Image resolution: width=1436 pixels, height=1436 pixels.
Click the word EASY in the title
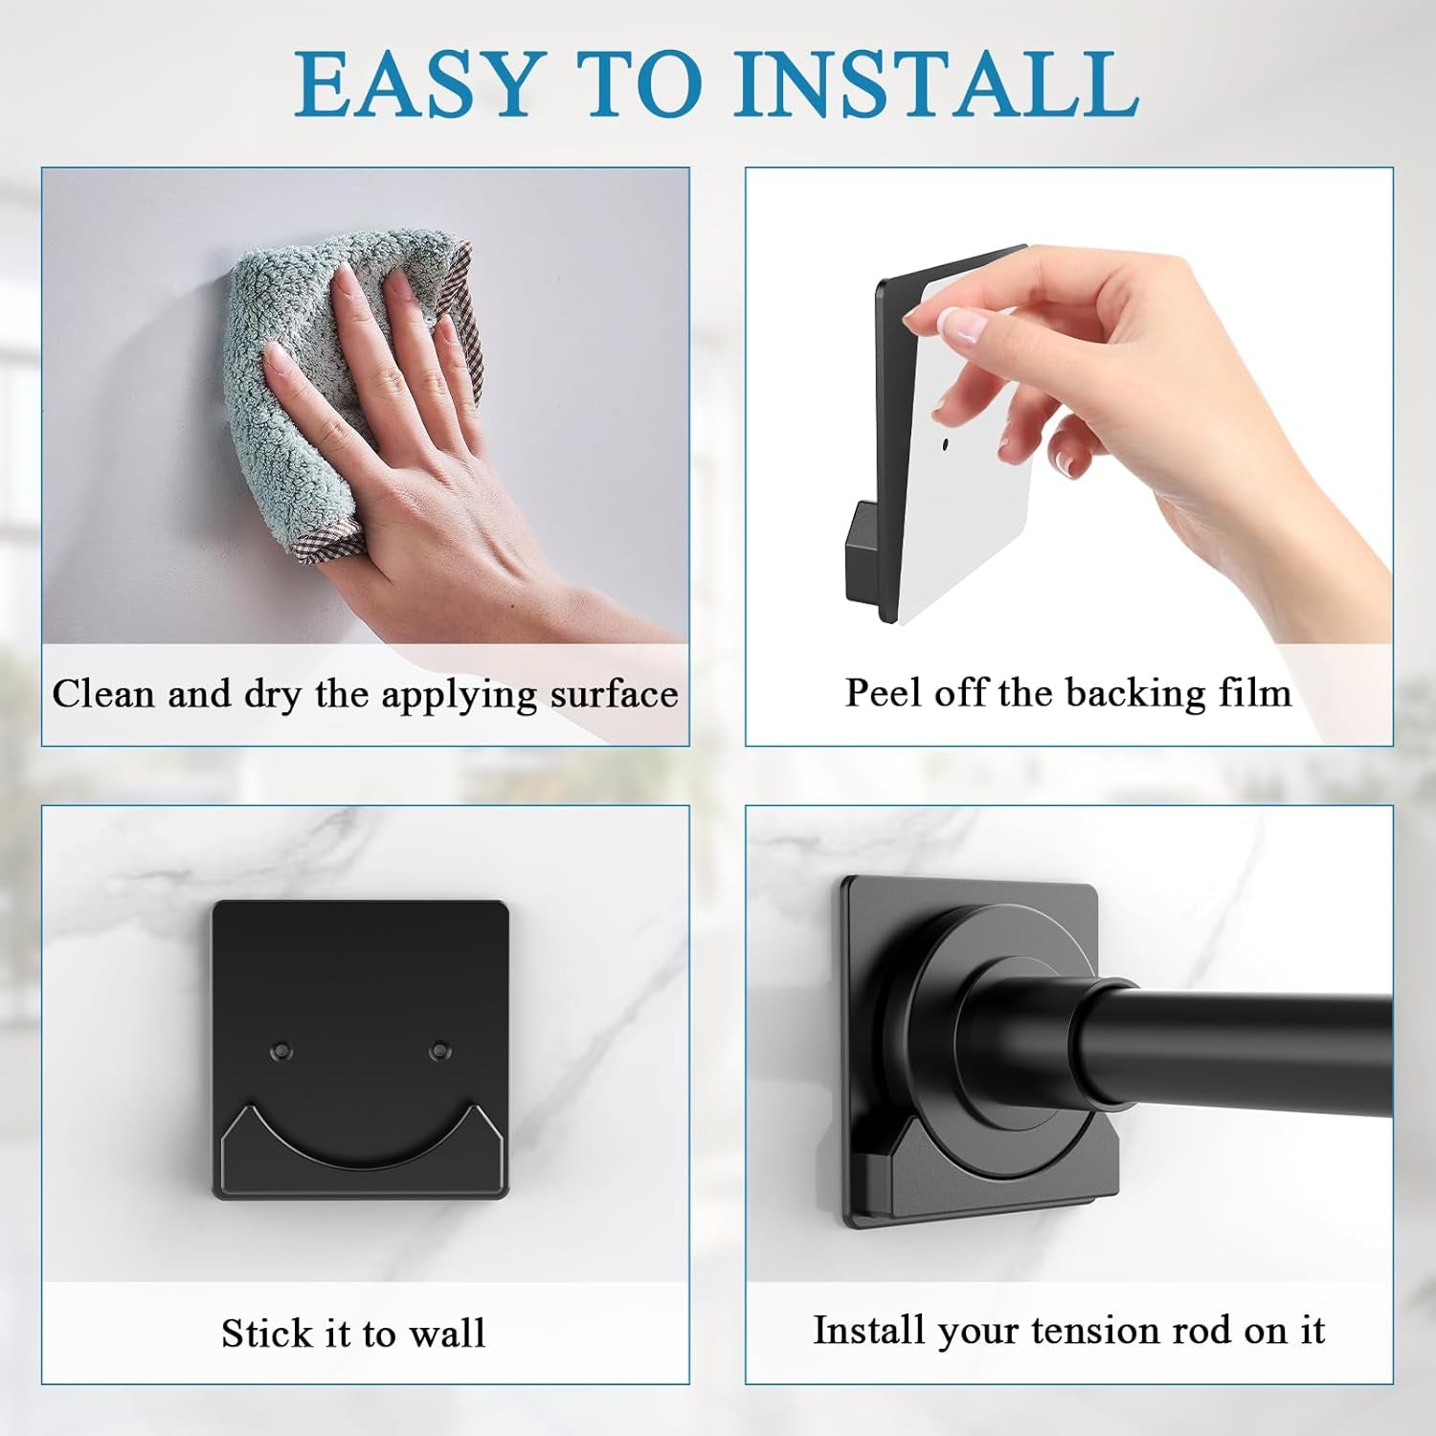415,84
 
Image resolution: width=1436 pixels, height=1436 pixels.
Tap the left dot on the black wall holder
280,1051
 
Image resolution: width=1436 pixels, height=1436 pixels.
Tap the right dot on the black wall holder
439,1050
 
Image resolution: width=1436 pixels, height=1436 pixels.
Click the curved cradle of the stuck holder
360,1145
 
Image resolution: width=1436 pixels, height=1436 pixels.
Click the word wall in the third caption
447,1332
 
